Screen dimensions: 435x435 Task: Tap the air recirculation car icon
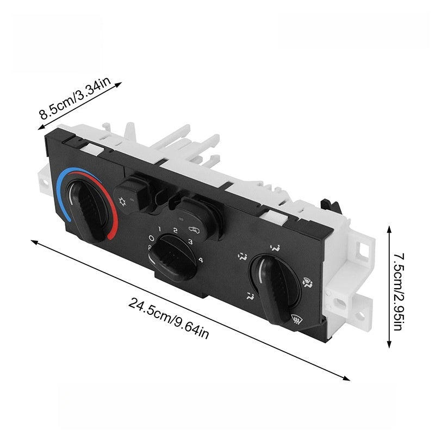tap(194, 229)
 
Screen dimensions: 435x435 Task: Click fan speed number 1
tap(159, 229)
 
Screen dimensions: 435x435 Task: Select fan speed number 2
tap(175, 230)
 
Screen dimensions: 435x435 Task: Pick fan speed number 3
tap(191, 241)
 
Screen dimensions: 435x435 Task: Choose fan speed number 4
tap(201, 260)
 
